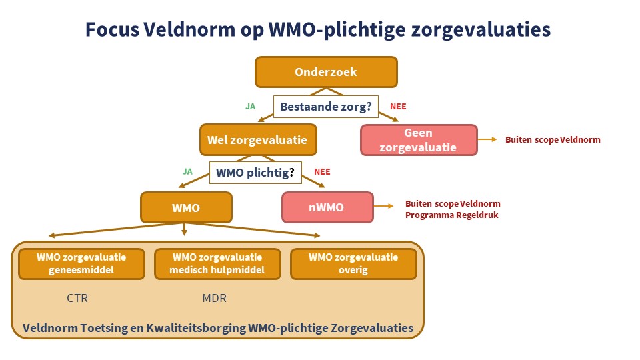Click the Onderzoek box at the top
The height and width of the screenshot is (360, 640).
326,72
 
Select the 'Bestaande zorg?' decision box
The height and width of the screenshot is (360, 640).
326,107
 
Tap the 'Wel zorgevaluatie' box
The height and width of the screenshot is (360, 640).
257,140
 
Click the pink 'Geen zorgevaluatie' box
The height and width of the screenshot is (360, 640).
419,140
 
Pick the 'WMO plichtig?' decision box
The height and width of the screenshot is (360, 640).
255,173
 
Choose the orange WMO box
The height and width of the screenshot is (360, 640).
186,207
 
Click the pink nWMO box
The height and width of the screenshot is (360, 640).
327,207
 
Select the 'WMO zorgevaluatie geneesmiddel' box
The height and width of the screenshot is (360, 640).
81,264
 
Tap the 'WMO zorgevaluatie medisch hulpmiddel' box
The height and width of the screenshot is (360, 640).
217,264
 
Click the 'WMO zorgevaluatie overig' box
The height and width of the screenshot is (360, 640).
353,264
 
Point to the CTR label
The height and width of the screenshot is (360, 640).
77,298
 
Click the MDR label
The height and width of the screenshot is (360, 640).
214,298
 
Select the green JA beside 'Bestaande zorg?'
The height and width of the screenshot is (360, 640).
251,106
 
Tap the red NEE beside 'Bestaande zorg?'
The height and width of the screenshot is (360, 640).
398,106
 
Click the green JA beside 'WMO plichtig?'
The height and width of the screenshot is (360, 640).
188,171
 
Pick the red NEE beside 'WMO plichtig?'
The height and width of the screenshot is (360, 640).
322,171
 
